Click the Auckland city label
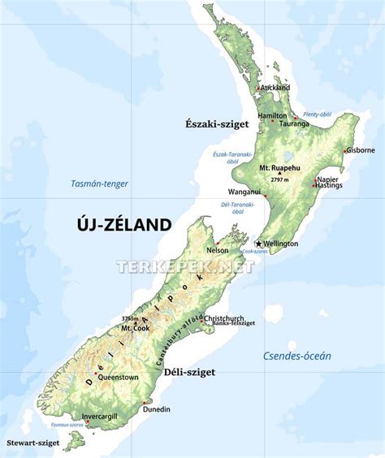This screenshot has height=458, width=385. (275, 87)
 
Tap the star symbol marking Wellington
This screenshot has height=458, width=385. (259, 243)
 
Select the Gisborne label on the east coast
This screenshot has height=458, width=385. (360, 150)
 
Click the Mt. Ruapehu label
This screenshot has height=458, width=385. (279, 167)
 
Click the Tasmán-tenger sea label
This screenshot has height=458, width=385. (99, 184)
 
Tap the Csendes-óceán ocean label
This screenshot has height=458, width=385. (297, 355)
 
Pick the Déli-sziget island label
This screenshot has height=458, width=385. (188, 372)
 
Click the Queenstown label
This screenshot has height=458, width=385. (117, 378)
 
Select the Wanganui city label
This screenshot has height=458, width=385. (244, 192)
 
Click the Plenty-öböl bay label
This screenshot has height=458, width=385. (317, 114)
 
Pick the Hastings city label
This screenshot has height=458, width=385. (329, 186)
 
